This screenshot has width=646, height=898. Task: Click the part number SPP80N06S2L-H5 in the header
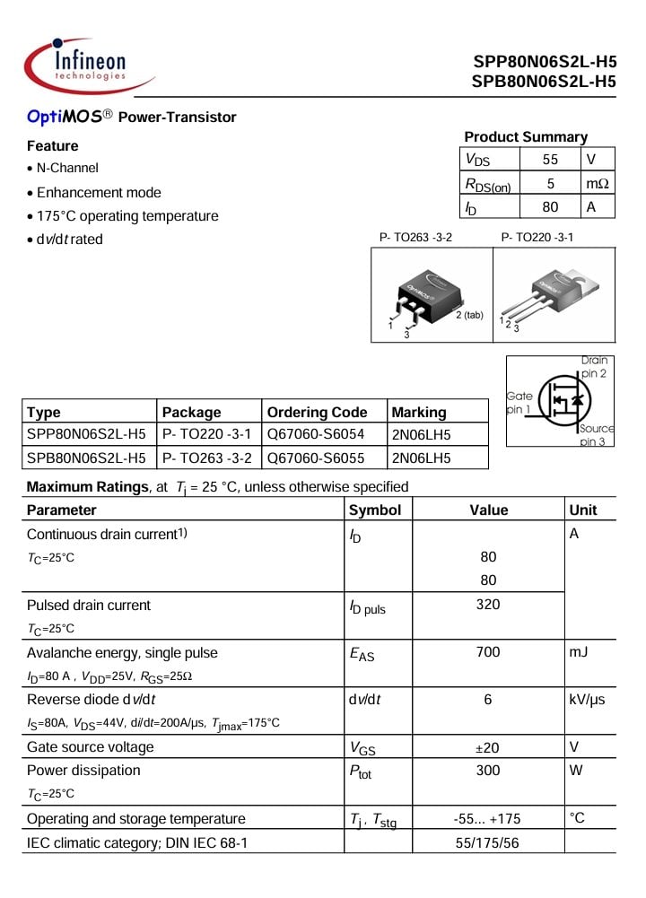tap(545, 63)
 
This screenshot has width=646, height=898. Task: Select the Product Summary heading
tap(526, 137)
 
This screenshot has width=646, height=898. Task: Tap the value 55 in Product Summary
tap(550, 160)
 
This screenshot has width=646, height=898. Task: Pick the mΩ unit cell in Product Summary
tap(597, 183)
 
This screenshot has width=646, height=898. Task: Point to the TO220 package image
tap(551, 296)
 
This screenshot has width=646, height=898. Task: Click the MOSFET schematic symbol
tap(565, 400)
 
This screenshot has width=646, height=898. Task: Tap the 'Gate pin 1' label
tap(519, 402)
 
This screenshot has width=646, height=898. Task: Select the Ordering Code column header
tap(317, 413)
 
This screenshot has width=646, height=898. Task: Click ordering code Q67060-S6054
tap(316, 435)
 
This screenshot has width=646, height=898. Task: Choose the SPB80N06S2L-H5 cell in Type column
tap(86, 458)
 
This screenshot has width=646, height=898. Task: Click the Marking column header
tap(419, 413)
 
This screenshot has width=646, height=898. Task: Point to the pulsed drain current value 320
tap(488, 605)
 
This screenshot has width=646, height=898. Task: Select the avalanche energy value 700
tap(488, 652)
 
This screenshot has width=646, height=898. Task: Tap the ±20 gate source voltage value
tap(488, 747)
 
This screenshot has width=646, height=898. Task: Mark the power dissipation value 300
tap(488, 771)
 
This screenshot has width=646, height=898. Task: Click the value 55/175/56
tap(488, 842)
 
